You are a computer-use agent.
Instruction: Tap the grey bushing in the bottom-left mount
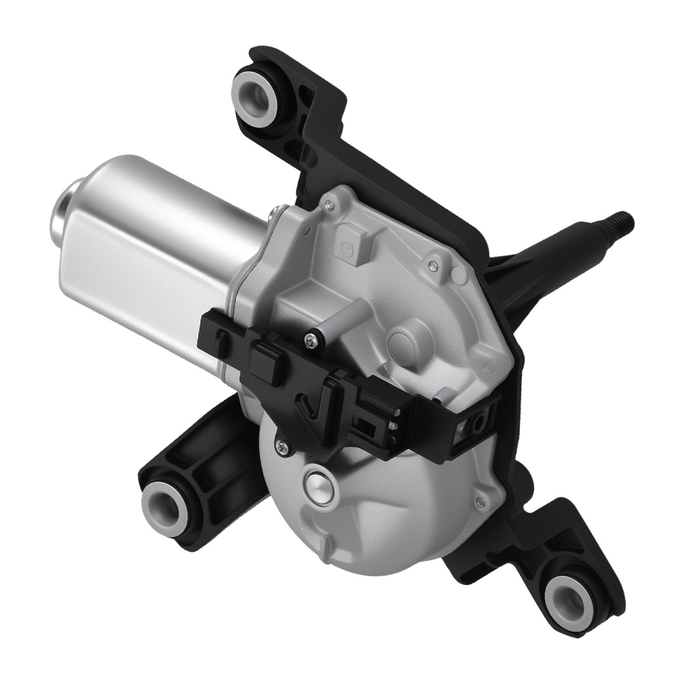164,507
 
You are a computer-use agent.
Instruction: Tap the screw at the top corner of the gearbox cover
331,203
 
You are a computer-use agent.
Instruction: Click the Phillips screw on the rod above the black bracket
313,335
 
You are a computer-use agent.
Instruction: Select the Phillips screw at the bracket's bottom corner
281,445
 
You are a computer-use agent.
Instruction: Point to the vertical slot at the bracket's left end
217,339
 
